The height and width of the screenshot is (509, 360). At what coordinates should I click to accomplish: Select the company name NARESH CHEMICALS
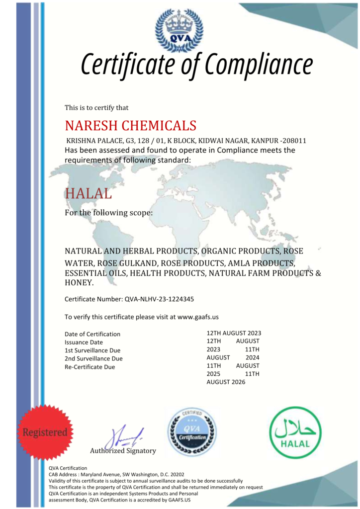(x=131, y=125)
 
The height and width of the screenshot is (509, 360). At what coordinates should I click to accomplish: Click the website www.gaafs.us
(x=198, y=317)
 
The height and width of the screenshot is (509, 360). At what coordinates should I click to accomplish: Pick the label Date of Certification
(x=92, y=334)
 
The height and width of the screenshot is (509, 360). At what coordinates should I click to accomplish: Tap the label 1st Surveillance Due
(x=92, y=350)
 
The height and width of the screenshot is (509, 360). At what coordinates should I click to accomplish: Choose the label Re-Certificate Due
(x=90, y=367)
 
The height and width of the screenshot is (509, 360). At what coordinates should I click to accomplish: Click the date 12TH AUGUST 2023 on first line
(x=234, y=333)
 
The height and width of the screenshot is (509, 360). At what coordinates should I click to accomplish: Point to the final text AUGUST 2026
(x=226, y=382)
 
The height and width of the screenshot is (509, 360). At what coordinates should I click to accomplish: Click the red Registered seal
(x=44, y=432)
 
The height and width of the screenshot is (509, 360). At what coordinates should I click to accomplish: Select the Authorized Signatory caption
(x=123, y=451)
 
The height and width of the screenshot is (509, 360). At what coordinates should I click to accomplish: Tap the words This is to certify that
(x=96, y=107)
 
